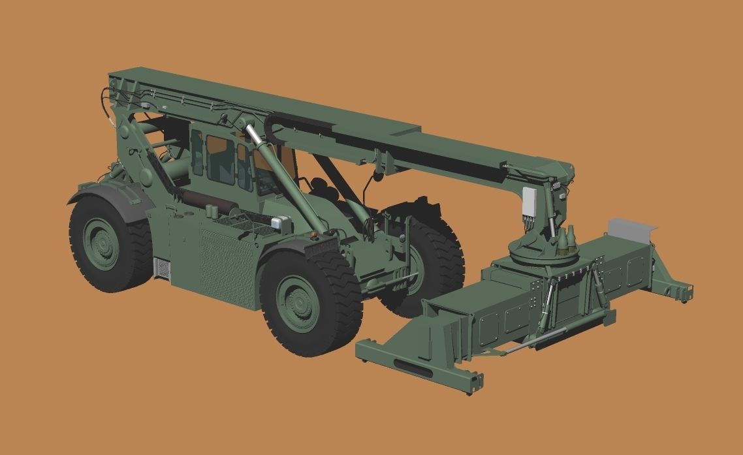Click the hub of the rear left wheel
(103, 243)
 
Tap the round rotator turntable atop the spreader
(535, 249)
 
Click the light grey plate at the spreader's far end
(630, 229)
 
